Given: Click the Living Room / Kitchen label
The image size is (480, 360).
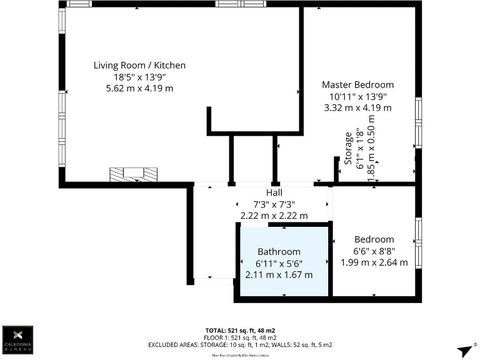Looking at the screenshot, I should pos(139,65).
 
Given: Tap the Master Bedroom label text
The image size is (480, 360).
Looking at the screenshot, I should pos(357,84).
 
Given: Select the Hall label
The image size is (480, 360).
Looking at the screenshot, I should pos(274,192).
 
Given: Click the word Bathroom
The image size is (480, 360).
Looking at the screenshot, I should pos(279,252).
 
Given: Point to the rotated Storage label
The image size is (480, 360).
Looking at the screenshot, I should pos(348,148).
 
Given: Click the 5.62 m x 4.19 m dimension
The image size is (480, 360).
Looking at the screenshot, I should pos(139,88).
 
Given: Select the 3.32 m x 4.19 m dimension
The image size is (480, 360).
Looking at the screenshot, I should pos(357,107).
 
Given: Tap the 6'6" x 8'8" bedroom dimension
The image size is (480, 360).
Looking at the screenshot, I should pos(374,251).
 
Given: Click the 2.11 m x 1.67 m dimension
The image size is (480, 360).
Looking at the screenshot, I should pos(279,275).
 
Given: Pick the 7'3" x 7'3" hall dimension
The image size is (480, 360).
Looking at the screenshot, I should pos(274,204).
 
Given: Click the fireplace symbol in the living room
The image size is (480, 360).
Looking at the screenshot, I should pos(134,174).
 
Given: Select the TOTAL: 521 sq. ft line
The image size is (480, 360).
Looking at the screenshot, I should pos(240,330).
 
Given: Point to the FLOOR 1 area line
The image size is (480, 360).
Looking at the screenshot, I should pos(240,337).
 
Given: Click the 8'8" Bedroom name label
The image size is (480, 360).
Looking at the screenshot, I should pos(374,239).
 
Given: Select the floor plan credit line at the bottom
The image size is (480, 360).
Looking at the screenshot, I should pos(240,354).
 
